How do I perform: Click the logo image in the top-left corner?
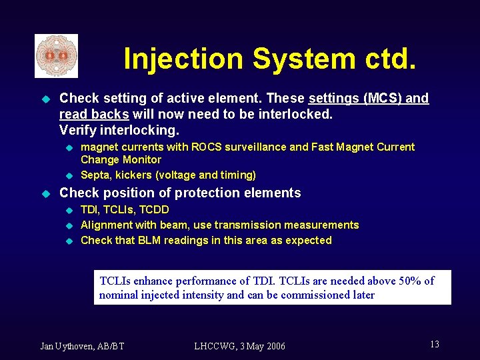coord(56,56)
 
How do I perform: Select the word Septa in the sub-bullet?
coord(95,175)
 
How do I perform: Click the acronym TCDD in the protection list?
coord(155,209)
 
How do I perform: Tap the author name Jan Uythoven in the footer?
coord(69,345)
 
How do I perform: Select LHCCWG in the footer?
coord(215,345)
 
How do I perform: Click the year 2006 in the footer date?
coord(274,345)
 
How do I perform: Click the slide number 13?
coord(434,344)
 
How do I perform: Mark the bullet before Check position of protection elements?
coord(46,193)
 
